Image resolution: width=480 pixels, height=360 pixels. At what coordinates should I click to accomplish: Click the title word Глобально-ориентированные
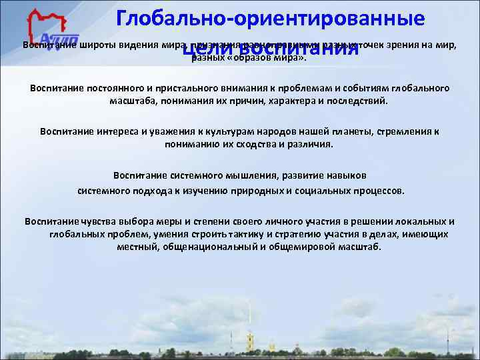pyautogui.click(x=270, y=18)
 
